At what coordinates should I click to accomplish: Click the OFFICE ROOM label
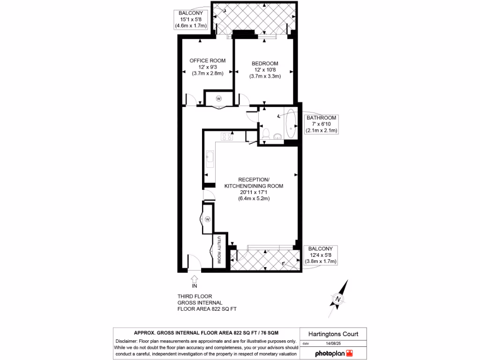pos(207,60)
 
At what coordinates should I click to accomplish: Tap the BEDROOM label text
pos(265,64)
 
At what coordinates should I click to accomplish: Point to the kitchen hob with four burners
pos(227,136)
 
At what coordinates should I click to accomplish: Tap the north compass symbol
pos(337,299)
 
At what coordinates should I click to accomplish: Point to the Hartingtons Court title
pos(333,334)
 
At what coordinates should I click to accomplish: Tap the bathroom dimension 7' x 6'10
pos(321,124)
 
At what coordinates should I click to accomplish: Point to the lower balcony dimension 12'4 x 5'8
pos(321,255)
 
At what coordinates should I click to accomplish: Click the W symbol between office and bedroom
pos(219,98)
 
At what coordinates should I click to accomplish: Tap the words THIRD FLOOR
pos(195,296)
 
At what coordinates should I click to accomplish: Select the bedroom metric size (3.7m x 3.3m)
pos(265,76)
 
